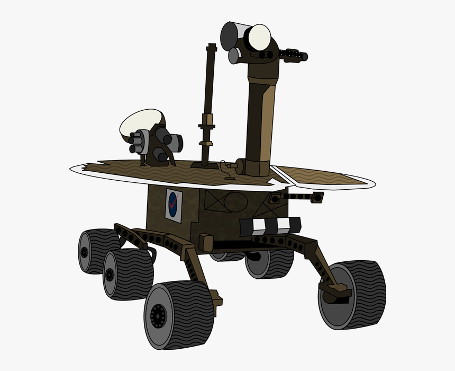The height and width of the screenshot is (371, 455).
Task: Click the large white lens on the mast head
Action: pos(259,36)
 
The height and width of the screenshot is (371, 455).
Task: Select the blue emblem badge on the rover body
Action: pos(173,204)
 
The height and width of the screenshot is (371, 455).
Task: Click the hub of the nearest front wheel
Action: pos(158,317)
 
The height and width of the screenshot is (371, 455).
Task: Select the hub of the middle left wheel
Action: pos(110,275)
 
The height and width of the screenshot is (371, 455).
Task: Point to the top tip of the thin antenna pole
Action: pos(212,46)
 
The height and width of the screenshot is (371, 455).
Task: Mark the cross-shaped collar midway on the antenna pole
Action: pos(207,127)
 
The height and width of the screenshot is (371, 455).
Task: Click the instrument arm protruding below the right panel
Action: pos(296,197)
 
